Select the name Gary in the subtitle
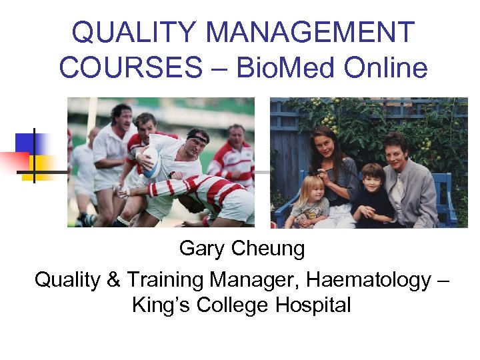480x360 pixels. (x=202, y=249)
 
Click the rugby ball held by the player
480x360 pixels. (x=151, y=160)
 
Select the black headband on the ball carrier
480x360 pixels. (x=198, y=137)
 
